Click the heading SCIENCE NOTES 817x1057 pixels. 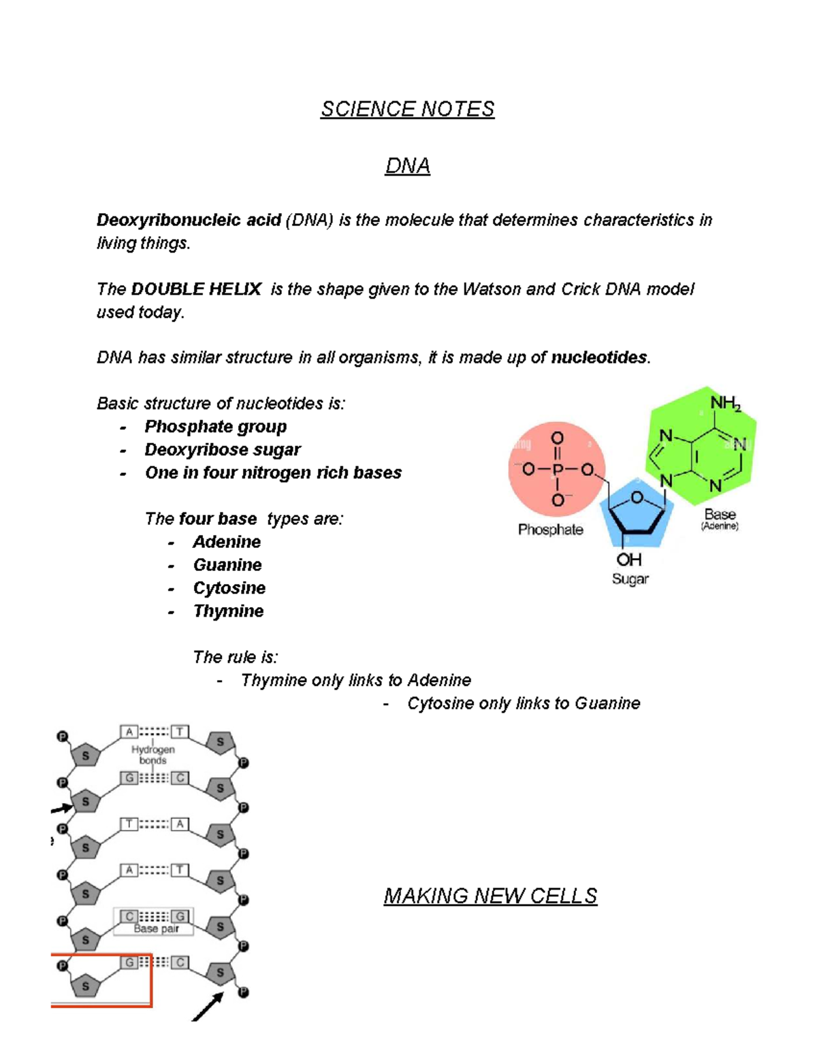click(407, 109)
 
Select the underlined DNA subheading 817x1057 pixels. click(407, 166)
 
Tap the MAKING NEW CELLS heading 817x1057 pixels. click(490, 896)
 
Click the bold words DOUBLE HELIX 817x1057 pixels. click(196, 289)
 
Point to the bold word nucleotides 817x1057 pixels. click(599, 357)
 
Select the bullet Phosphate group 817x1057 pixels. click(215, 427)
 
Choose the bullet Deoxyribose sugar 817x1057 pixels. click(223, 450)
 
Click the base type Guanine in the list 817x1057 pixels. click(227, 565)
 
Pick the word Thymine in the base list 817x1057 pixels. click(228, 611)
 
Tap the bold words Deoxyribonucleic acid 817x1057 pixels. click(189, 220)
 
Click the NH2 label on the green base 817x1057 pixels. click(725, 404)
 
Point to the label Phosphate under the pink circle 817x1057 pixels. click(550, 530)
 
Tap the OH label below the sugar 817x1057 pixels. click(629, 559)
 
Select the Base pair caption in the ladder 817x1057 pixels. click(156, 928)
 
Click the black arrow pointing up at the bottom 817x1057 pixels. click(208, 1007)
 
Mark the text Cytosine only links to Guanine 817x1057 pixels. click(524, 703)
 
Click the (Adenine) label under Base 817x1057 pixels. click(720, 526)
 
